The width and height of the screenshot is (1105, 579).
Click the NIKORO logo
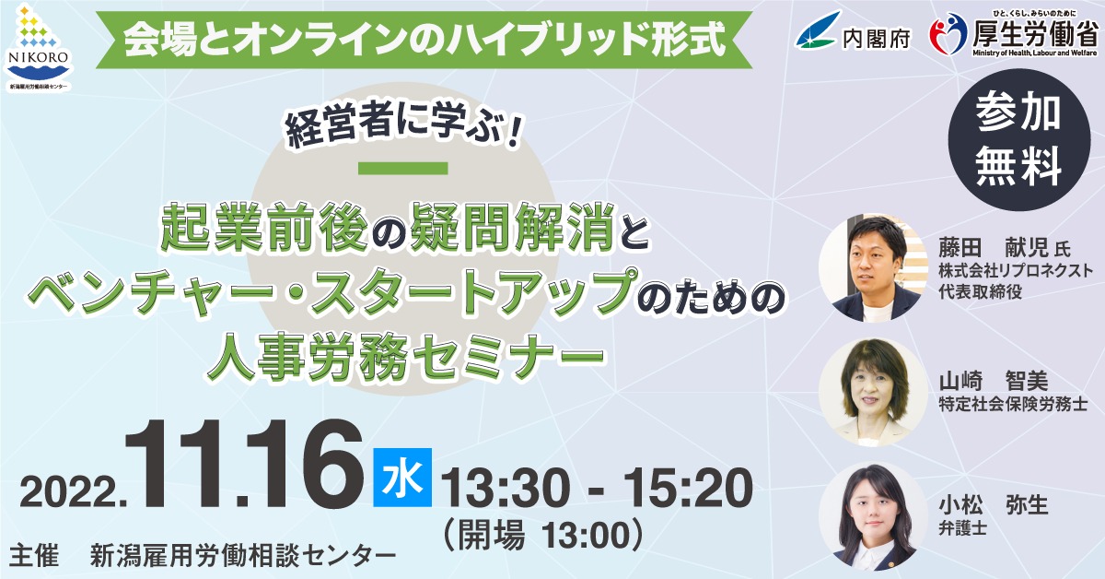(x=38, y=46)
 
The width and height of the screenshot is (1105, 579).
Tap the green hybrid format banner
(x=424, y=39)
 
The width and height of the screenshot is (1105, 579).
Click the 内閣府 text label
(x=876, y=39)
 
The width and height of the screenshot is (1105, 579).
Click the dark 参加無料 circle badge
(x=1019, y=140)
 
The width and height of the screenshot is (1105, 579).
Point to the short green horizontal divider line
(x=403, y=169)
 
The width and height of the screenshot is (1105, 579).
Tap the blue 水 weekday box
(x=402, y=478)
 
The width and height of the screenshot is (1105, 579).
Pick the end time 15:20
(x=689, y=488)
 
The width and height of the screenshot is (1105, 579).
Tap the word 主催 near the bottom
(x=33, y=555)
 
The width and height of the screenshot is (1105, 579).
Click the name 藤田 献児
(x=994, y=248)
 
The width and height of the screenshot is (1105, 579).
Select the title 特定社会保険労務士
(x=1013, y=405)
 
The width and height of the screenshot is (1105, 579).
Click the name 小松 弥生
(x=994, y=506)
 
